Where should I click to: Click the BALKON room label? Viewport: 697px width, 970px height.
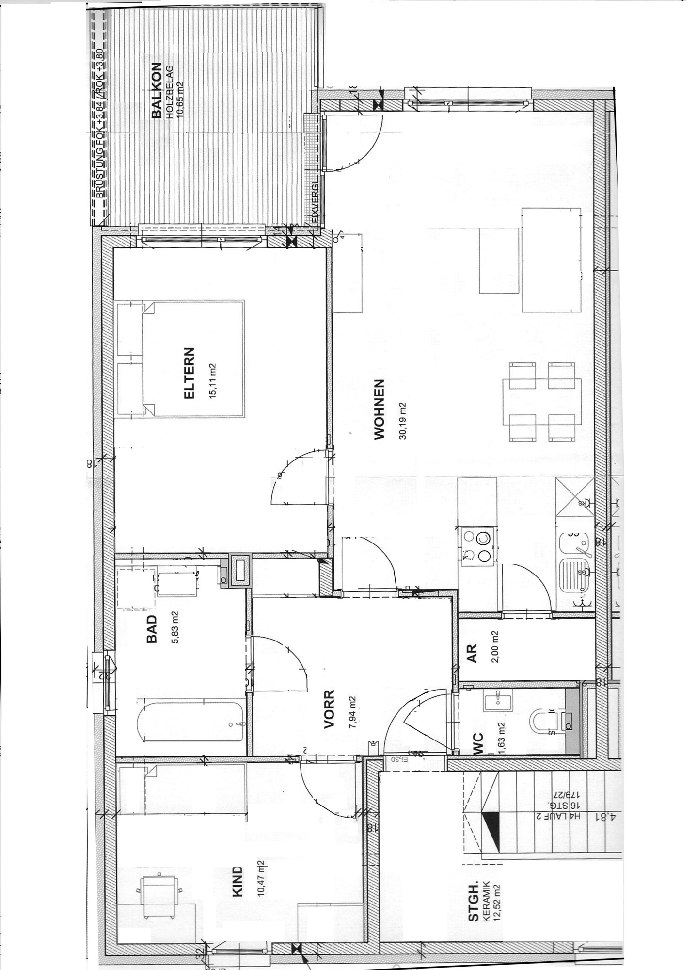coord(156,91)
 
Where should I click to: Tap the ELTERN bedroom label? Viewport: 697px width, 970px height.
coord(189,373)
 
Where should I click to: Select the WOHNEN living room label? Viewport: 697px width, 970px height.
coord(380,409)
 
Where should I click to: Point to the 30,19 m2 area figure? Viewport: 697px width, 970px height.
coord(402,421)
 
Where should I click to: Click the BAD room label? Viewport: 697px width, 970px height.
coord(152,629)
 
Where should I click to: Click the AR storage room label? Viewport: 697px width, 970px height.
coord(472,653)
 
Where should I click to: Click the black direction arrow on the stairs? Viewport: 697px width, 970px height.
coord(491,829)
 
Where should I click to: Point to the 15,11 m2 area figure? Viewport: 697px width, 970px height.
coord(212,381)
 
